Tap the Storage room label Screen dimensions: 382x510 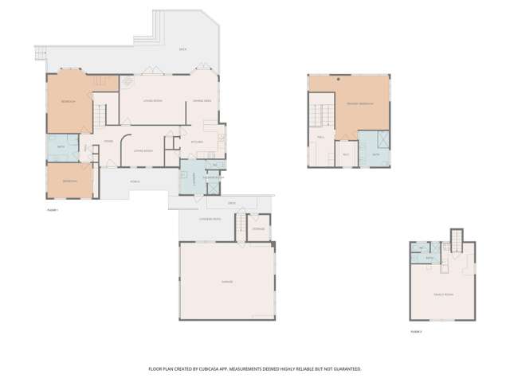258,229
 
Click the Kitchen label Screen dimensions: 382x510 197,142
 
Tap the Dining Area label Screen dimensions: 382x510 202,101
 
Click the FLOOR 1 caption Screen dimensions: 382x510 53,209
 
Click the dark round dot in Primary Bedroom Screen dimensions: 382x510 338,80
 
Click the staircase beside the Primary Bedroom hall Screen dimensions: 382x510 322,116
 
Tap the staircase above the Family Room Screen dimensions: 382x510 457,240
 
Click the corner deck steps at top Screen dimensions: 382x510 37,55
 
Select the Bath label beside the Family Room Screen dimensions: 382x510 430,258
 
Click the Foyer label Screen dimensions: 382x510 107,142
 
